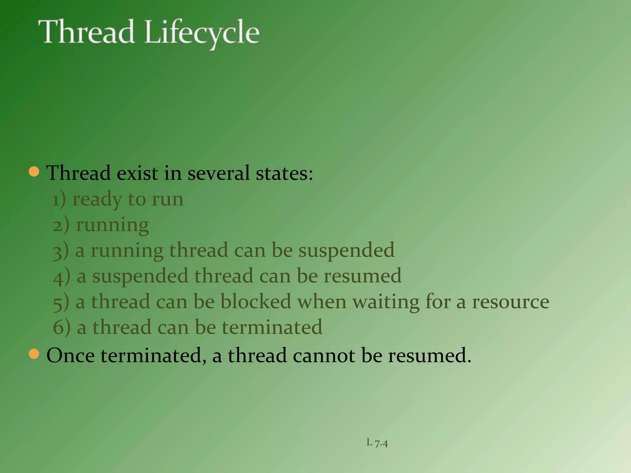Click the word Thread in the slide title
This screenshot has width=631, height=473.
pos(86,32)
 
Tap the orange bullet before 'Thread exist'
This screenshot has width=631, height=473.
pos(34,172)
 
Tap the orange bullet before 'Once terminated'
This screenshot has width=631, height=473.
pos(34,354)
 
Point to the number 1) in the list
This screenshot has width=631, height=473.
pos(59,200)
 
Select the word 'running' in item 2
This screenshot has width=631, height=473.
pos(112,225)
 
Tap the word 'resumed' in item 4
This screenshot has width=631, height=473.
pos(362,276)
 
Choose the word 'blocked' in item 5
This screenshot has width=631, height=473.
pos(256,301)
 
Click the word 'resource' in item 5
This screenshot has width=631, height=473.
pos(511,302)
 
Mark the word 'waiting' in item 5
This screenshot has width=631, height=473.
pos(386,302)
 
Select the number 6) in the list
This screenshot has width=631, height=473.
pos(61,327)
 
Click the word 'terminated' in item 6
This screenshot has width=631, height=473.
pos(272,327)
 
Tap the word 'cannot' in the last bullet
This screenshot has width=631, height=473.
pos(324,356)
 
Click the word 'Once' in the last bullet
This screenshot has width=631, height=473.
pos(71,356)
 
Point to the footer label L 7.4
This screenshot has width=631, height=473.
pos(377,443)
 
